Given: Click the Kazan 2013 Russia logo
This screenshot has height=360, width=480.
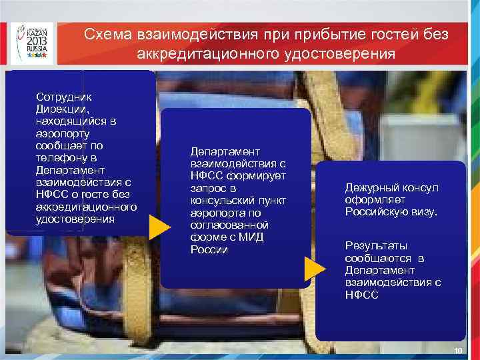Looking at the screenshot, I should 32,41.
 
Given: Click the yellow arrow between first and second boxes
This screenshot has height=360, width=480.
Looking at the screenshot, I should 159,227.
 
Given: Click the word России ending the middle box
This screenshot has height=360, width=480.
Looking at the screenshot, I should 209,250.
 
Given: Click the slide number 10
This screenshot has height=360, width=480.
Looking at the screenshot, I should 457,351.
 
